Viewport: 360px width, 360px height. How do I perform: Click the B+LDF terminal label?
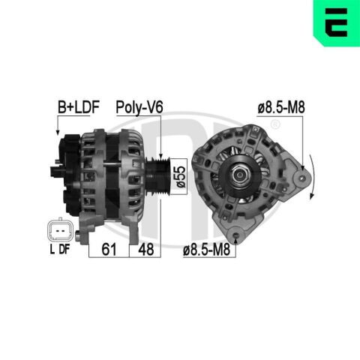(79, 107)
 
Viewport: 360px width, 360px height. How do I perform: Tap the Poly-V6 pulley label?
(139, 107)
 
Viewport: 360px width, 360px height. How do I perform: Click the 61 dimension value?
(109, 249)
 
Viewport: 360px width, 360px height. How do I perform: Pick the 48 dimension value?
(146, 249)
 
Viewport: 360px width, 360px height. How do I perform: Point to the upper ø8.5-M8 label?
(281, 107)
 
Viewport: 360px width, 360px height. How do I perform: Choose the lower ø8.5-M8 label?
(206, 250)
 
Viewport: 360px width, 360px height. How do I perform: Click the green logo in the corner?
(337, 23)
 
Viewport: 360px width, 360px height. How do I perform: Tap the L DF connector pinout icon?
(60, 230)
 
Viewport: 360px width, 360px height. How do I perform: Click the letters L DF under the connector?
(60, 249)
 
